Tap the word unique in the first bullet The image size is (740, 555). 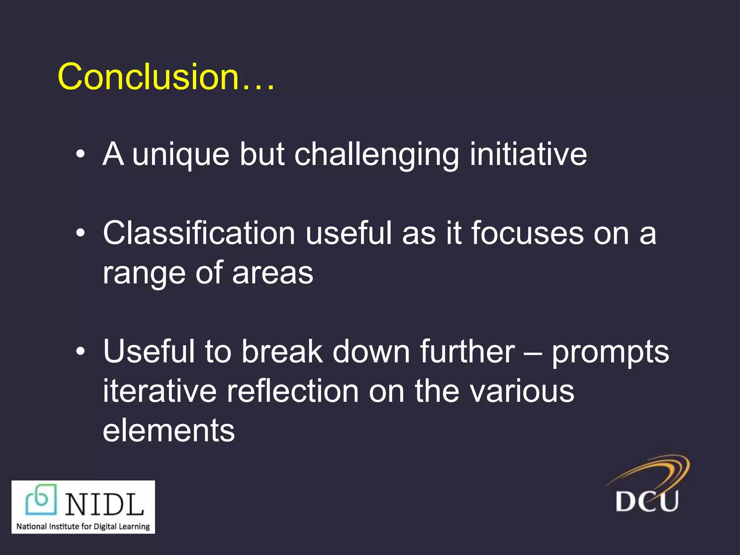(x=181, y=155)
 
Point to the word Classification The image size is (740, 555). (x=199, y=233)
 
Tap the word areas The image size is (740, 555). (x=272, y=273)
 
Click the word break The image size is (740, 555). (x=282, y=351)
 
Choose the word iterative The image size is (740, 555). (x=159, y=391)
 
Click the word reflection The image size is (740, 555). (x=293, y=391)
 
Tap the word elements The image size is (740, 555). (x=169, y=430)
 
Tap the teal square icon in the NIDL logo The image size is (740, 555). (x=41, y=499)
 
